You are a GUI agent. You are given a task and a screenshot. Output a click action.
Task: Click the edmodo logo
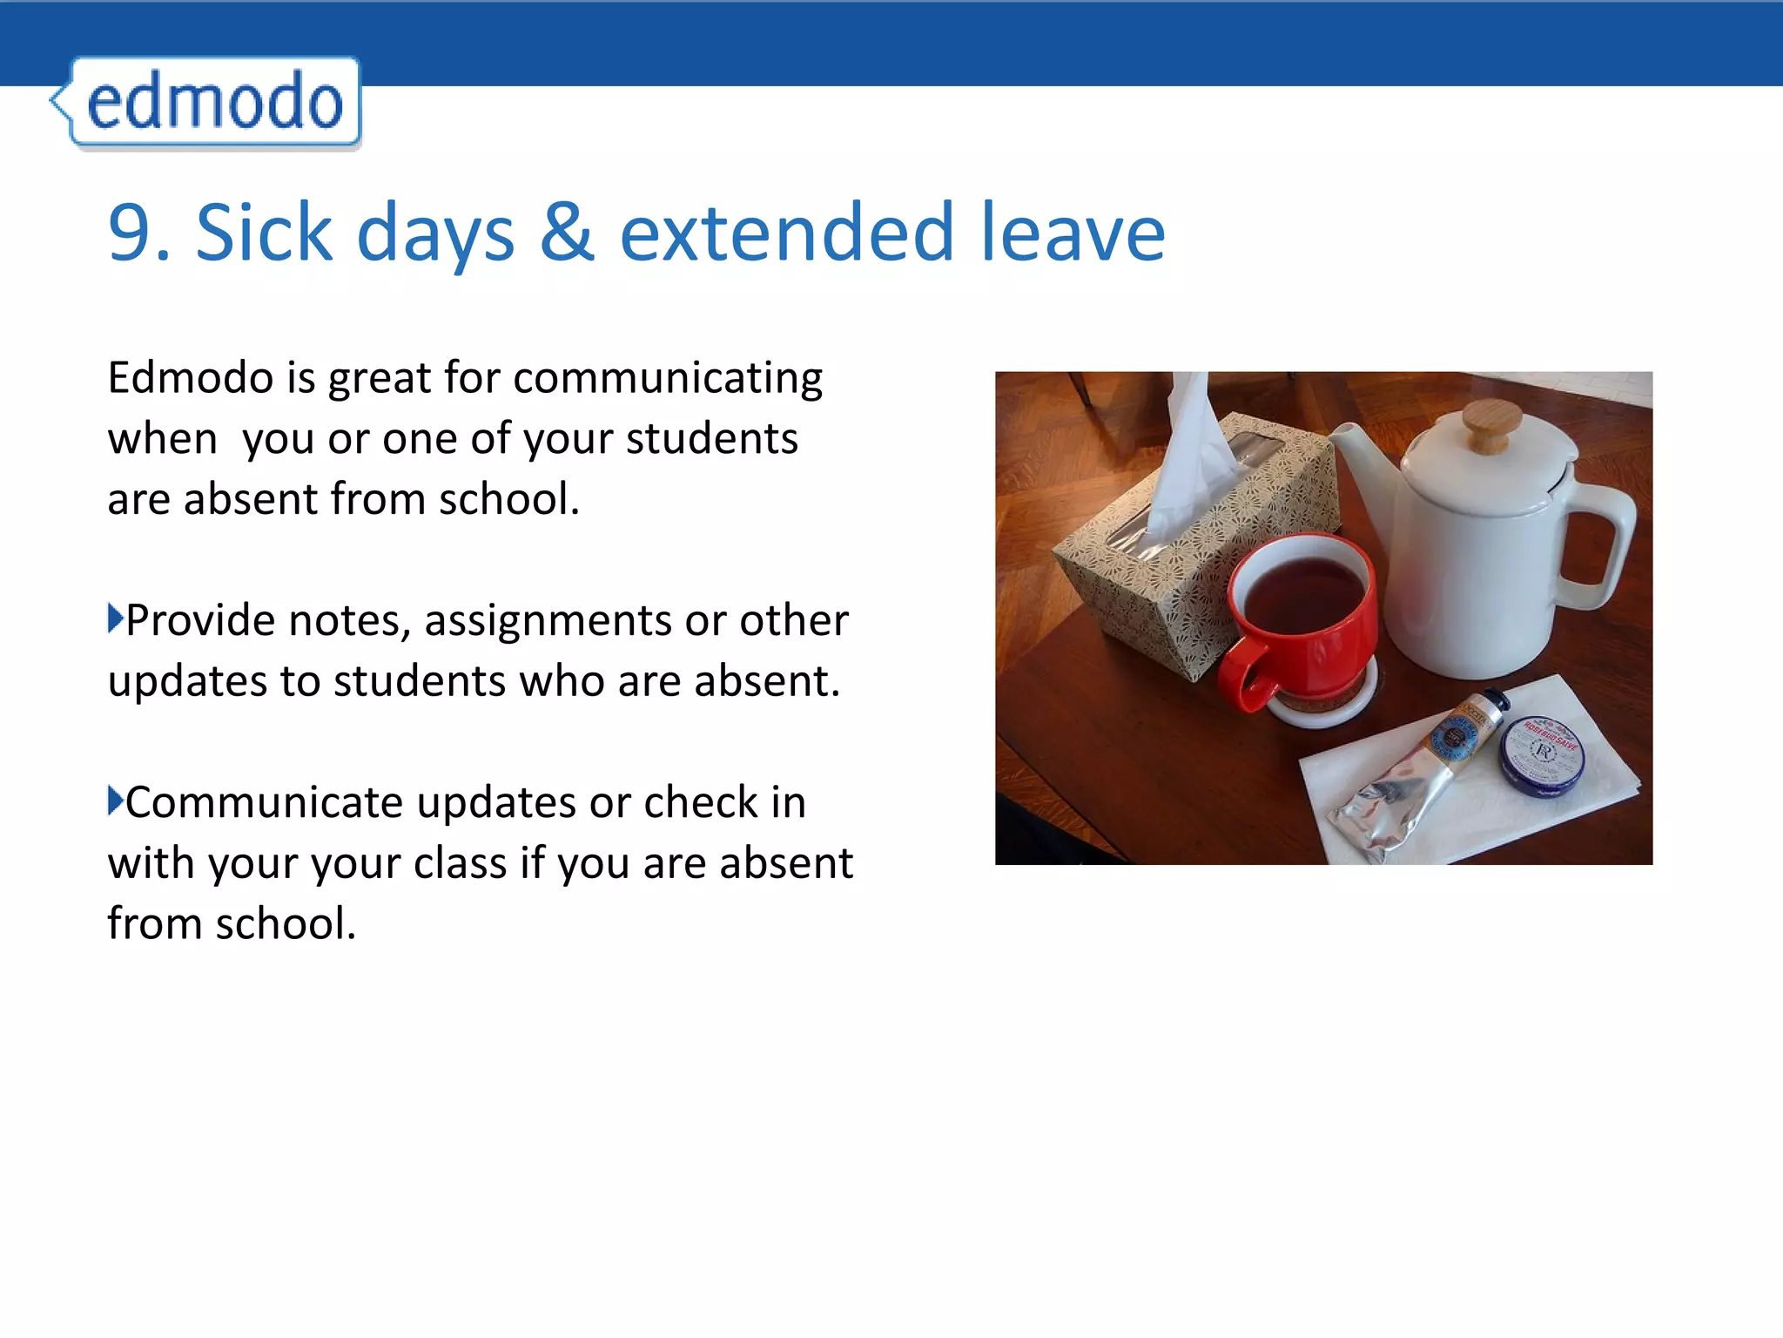214,103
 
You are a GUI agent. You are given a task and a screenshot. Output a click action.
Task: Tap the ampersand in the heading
567,232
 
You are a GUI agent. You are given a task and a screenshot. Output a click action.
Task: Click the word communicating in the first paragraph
668,379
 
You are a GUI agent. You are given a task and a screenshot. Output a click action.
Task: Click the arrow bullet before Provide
115,618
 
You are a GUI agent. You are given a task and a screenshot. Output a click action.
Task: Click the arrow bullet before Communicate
115,801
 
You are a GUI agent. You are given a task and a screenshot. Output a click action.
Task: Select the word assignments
548,621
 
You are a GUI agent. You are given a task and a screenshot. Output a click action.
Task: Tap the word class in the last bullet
460,864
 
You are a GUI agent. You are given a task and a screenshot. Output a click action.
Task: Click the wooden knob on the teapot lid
1491,427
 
